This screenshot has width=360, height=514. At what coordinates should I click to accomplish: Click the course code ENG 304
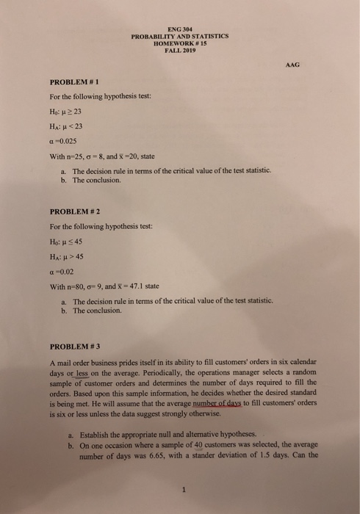click(x=180, y=29)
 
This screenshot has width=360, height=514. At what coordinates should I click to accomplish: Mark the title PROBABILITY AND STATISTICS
click(x=180, y=36)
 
